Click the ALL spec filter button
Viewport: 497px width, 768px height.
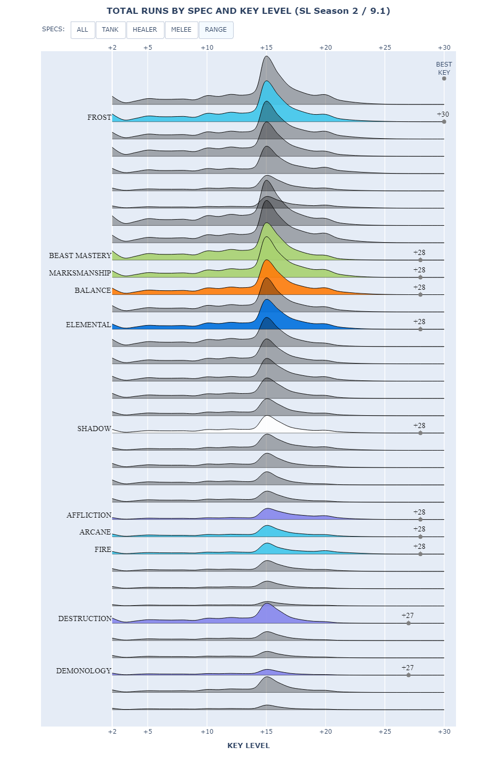82,30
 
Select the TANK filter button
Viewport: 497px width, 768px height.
110,30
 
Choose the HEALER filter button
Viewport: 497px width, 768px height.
145,30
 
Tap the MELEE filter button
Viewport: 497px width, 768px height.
181,30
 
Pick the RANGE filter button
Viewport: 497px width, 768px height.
216,30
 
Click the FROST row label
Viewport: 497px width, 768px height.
99,117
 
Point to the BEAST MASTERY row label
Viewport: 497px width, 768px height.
80,255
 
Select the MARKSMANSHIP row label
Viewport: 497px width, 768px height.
80,273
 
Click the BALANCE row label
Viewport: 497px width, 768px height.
93,290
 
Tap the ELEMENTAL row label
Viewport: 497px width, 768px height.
88,325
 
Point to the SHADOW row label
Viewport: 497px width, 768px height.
94,429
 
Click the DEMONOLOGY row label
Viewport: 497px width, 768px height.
84,671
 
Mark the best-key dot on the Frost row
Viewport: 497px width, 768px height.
444,122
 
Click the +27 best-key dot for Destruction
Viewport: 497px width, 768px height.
408,623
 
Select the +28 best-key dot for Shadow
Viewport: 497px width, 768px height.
421,433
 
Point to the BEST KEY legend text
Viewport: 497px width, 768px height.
444,68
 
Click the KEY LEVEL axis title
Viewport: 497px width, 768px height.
248,745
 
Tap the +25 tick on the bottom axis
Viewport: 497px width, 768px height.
385,732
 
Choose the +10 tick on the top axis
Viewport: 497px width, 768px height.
207,48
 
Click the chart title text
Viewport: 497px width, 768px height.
248,11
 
